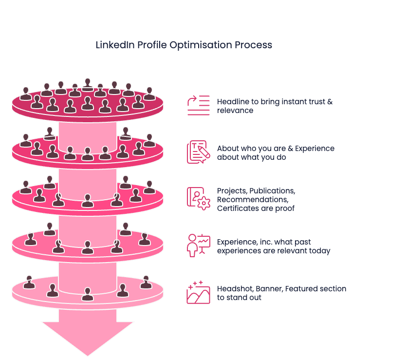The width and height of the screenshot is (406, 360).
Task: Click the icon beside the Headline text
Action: pyautogui.click(x=198, y=105)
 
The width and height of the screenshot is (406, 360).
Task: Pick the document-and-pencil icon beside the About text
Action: pyautogui.click(x=198, y=152)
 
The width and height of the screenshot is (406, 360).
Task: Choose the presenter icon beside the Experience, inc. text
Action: pyautogui.click(x=198, y=245)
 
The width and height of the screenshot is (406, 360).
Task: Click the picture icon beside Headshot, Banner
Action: pyautogui.click(x=198, y=292)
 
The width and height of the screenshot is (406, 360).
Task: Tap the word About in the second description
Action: pyautogui.click(x=227, y=148)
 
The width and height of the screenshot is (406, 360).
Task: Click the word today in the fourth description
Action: pyautogui.click(x=320, y=251)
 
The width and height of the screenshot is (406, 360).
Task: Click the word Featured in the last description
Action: pyautogui.click(x=302, y=288)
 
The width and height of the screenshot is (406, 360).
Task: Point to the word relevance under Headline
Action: pyautogui.click(x=235, y=111)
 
